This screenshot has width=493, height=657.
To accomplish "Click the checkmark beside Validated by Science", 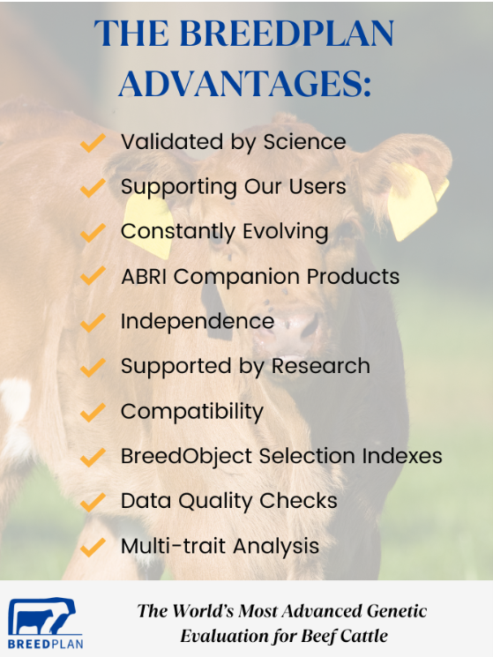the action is [93, 143].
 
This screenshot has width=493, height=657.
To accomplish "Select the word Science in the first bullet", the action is [304, 142].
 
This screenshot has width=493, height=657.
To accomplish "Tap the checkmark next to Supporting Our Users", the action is [93, 188].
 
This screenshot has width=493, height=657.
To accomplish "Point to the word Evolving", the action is [285, 232].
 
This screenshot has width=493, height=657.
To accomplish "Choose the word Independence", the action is [198, 321].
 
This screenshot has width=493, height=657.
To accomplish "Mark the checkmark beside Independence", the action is [93, 323].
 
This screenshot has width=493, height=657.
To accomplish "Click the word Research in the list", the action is [321, 366].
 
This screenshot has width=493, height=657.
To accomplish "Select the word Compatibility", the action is [192, 412].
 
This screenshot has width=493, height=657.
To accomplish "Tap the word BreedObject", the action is [186, 457].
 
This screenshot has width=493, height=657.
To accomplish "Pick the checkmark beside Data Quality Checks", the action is [93, 502].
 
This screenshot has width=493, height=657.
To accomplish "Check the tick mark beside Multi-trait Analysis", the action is [93, 548].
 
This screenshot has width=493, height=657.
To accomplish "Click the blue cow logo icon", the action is [41, 616].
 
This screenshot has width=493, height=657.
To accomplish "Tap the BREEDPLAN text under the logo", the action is [45, 644].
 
